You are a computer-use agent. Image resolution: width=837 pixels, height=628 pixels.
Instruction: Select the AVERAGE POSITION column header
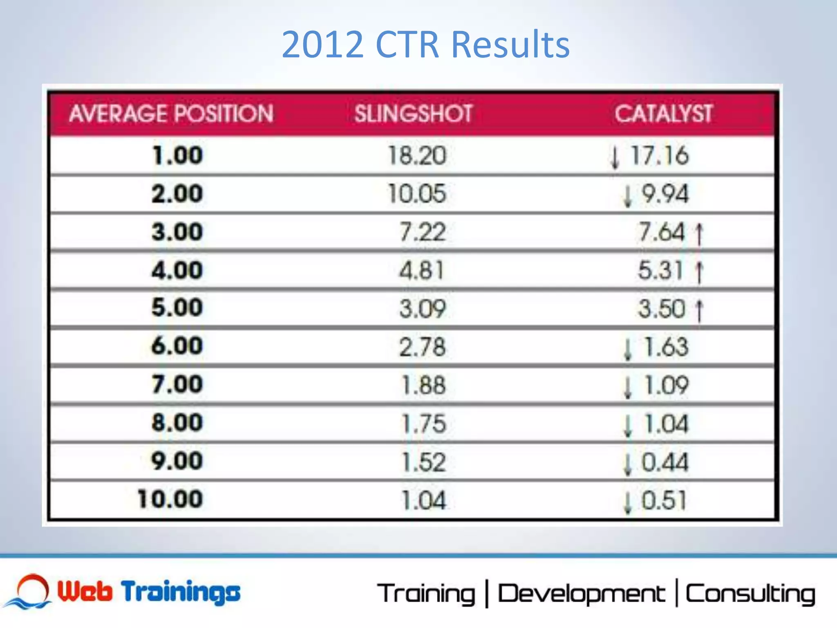171,113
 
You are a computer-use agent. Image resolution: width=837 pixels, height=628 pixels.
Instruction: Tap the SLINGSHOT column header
413,113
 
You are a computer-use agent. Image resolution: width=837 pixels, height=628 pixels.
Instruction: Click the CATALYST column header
664,113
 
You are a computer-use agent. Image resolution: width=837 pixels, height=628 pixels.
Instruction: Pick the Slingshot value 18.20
417,156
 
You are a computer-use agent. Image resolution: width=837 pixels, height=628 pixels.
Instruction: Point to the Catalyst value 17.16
659,156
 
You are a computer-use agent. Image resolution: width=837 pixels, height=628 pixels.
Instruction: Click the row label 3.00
177,232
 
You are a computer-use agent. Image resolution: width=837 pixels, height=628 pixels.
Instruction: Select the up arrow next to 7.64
699,233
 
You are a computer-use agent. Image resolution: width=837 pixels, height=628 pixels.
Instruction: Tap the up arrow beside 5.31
699,271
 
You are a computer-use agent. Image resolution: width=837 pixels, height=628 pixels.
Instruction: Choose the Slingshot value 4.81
421,270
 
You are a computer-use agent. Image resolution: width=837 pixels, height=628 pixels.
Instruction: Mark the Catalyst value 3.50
662,309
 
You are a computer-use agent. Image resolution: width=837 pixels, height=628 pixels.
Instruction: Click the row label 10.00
170,499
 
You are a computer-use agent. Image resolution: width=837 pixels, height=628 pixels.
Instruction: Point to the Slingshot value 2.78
422,347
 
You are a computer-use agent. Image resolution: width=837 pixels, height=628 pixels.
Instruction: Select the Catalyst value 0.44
665,462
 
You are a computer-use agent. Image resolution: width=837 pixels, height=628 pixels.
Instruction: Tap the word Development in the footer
581,594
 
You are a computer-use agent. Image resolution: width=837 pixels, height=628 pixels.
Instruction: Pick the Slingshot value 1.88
423,386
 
